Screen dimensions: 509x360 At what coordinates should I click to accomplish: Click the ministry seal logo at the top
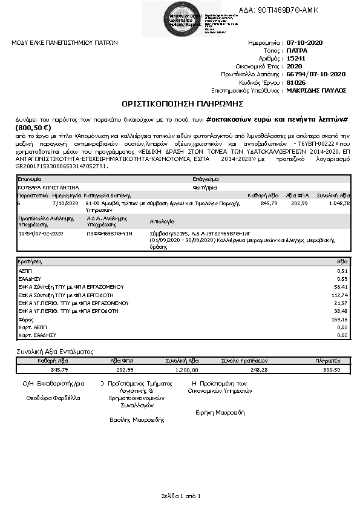pos(161,18)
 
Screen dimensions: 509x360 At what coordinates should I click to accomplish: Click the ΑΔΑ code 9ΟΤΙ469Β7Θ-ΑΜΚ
pos(279,10)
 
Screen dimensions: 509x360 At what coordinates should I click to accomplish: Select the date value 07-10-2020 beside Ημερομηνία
pos(306,43)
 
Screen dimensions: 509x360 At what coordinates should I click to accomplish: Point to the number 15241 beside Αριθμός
pos(295,59)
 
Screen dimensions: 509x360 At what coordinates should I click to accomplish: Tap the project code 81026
pos(295,82)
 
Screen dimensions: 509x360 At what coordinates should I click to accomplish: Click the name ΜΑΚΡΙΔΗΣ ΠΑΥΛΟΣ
pos(316,90)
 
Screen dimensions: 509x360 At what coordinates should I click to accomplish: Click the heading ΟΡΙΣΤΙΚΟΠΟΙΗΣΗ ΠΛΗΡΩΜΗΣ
pos(180,103)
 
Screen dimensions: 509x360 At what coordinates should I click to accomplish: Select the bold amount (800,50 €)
pos(30,128)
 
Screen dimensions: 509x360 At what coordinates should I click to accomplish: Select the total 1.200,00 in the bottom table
pos(186,369)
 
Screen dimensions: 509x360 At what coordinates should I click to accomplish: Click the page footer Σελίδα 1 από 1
pos(180,496)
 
